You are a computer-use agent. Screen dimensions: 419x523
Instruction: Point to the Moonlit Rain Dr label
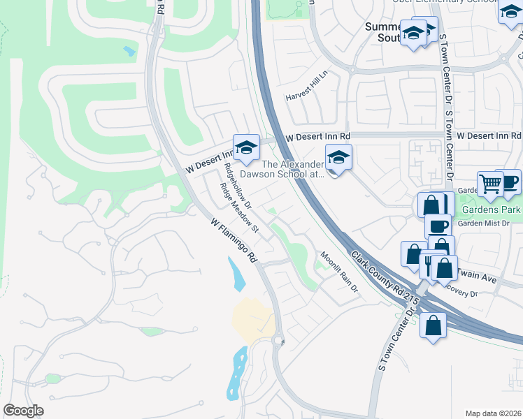pos(339,272)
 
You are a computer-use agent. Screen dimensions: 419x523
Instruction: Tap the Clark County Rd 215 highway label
pos(385,277)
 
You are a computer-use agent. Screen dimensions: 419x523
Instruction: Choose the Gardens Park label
pos(501,209)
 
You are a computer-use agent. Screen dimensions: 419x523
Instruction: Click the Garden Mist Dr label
pos(488,223)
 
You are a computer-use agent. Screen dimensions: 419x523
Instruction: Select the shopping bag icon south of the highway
pos(433,325)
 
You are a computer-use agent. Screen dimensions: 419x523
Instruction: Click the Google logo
pos(23,410)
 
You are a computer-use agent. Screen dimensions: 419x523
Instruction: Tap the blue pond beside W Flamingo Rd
pos(237,274)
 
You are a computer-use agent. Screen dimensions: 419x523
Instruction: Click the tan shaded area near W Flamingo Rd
pos(253,321)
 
